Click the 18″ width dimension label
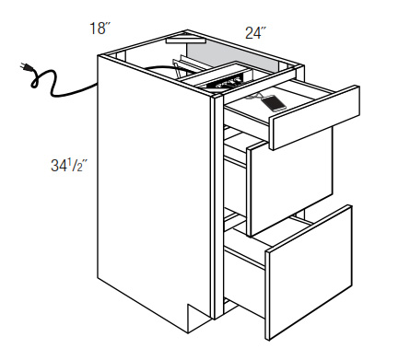tap(100, 29)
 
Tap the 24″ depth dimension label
tap(255, 33)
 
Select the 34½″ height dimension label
tap(69, 166)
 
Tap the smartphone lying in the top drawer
tap(273, 103)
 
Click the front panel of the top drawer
tap(315, 118)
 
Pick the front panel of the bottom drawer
tap(309, 273)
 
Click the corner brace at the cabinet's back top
tap(185, 40)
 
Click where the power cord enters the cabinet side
tap(97, 85)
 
